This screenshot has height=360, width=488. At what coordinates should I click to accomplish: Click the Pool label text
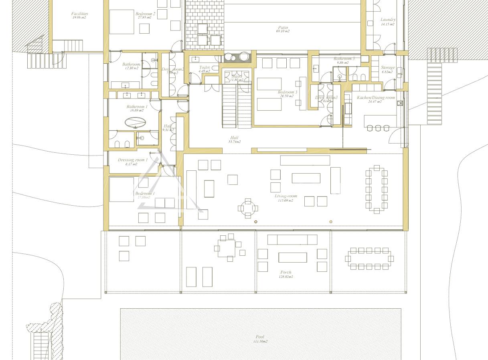tap(260, 337)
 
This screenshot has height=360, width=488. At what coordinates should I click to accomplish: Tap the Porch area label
tap(286, 272)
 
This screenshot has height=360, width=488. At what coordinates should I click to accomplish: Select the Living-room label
tap(286, 196)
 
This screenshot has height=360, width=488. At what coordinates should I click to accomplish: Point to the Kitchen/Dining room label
tap(376, 97)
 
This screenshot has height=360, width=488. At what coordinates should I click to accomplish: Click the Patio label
tap(282, 28)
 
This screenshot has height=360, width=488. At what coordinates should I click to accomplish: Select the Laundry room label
tap(388, 20)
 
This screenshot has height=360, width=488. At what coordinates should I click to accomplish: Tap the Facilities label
tap(79, 14)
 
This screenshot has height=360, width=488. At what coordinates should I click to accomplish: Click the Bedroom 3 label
tap(288, 92)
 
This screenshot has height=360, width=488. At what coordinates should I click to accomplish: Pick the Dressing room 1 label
tap(132, 160)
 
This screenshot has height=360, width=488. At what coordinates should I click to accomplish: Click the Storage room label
tap(387, 68)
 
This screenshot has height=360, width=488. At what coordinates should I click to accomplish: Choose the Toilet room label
tap(204, 68)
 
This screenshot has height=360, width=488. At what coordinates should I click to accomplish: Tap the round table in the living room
tap(248, 208)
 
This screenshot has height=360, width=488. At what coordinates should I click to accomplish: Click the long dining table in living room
tap(377, 189)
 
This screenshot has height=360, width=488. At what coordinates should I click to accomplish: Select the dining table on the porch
tap(369, 259)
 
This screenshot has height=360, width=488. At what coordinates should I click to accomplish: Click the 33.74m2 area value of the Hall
tap(234, 142)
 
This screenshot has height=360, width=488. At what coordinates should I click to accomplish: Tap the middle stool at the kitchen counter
tap(378, 128)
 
